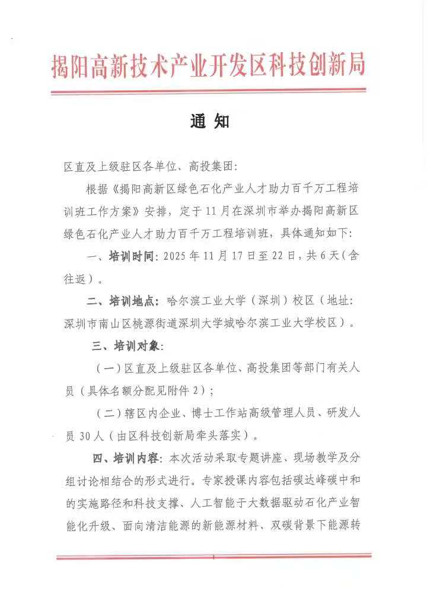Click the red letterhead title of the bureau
[x=208, y=65]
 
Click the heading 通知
[x=209, y=121]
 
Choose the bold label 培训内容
[x=132, y=458]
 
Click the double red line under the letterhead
[x=208, y=91]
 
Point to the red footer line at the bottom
[x=213, y=557]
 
